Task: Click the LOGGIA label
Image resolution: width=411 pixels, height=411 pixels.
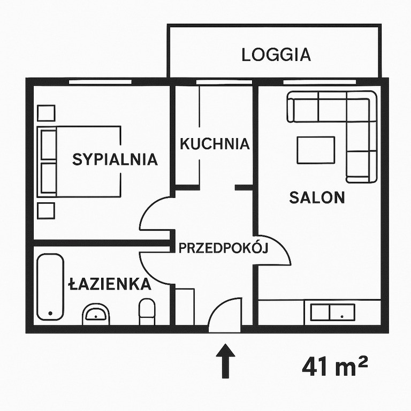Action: (276, 55)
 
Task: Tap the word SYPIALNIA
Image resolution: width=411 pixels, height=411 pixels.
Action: (115, 159)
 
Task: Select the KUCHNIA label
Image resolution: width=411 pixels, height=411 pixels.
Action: (215, 143)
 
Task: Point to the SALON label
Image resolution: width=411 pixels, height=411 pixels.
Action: (317, 197)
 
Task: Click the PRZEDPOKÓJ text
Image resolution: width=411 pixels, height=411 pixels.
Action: (223, 248)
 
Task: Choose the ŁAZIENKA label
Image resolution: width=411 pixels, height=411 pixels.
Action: (110, 284)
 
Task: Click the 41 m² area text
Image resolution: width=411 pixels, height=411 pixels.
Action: (335, 366)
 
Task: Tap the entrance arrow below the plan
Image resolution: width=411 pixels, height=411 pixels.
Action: (225, 361)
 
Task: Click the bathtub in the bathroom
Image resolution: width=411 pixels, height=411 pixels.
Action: (50, 287)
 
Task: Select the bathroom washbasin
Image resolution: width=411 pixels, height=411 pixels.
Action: (96, 314)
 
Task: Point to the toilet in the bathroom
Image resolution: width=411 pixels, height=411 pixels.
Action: (147, 311)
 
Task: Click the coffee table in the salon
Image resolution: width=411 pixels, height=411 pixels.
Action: (316, 150)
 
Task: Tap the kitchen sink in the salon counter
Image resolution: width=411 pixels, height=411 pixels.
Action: (333, 312)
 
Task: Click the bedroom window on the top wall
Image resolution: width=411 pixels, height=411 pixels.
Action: (100, 82)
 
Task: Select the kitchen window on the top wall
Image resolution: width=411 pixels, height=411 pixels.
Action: (224, 82)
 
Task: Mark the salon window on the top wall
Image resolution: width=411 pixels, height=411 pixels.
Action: (319, 82)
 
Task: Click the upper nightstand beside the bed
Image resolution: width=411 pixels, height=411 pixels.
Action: (46, 113)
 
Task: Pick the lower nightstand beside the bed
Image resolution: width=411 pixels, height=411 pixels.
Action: (46, 211)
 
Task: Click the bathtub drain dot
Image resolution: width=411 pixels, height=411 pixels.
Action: (50, 313)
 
